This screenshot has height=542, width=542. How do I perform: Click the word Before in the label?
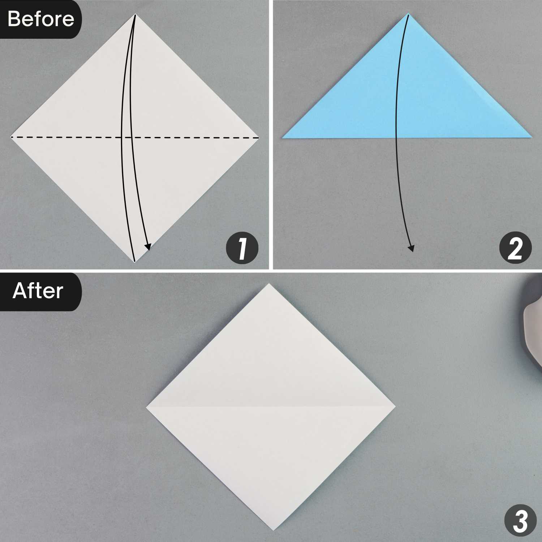(40, 19)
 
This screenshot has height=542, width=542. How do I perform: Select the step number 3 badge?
(520, 521)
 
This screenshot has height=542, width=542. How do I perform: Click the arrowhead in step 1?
(147, 246)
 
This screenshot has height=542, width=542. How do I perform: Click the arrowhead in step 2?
(411, 248)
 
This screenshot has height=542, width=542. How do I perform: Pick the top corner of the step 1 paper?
(135, 14)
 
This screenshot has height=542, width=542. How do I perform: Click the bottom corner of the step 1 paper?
(134, 262)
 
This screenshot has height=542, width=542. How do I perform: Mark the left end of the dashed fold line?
(11, 137)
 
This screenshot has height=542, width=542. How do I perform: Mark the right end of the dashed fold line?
(259, 138)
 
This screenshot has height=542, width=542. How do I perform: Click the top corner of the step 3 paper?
(268, 284)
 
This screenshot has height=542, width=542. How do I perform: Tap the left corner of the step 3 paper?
(146, 408)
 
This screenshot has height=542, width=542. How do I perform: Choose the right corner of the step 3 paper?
(396, 406)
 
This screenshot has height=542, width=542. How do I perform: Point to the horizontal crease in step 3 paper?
(271, 407)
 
